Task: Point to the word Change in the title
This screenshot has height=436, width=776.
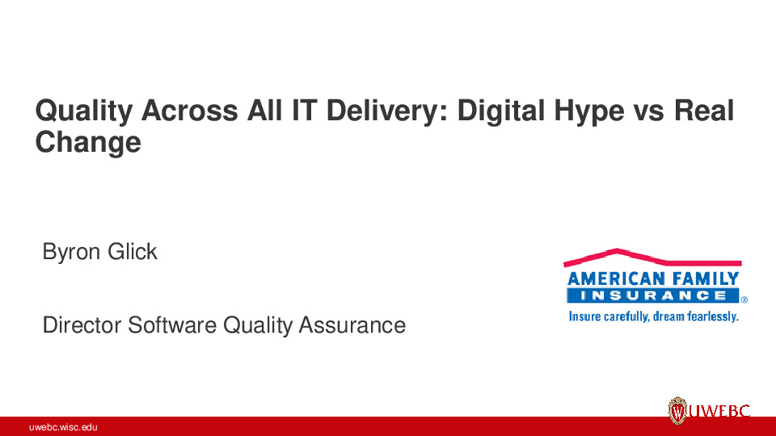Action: pos(87,143)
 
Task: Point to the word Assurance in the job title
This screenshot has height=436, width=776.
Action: pos(352,325)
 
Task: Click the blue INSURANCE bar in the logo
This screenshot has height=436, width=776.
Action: pos(652,296)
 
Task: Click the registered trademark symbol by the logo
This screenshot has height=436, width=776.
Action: pos(744,299)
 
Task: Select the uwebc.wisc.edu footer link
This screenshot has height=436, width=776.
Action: pos(63,427)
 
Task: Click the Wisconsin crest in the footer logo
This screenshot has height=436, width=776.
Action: pos(678,412)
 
